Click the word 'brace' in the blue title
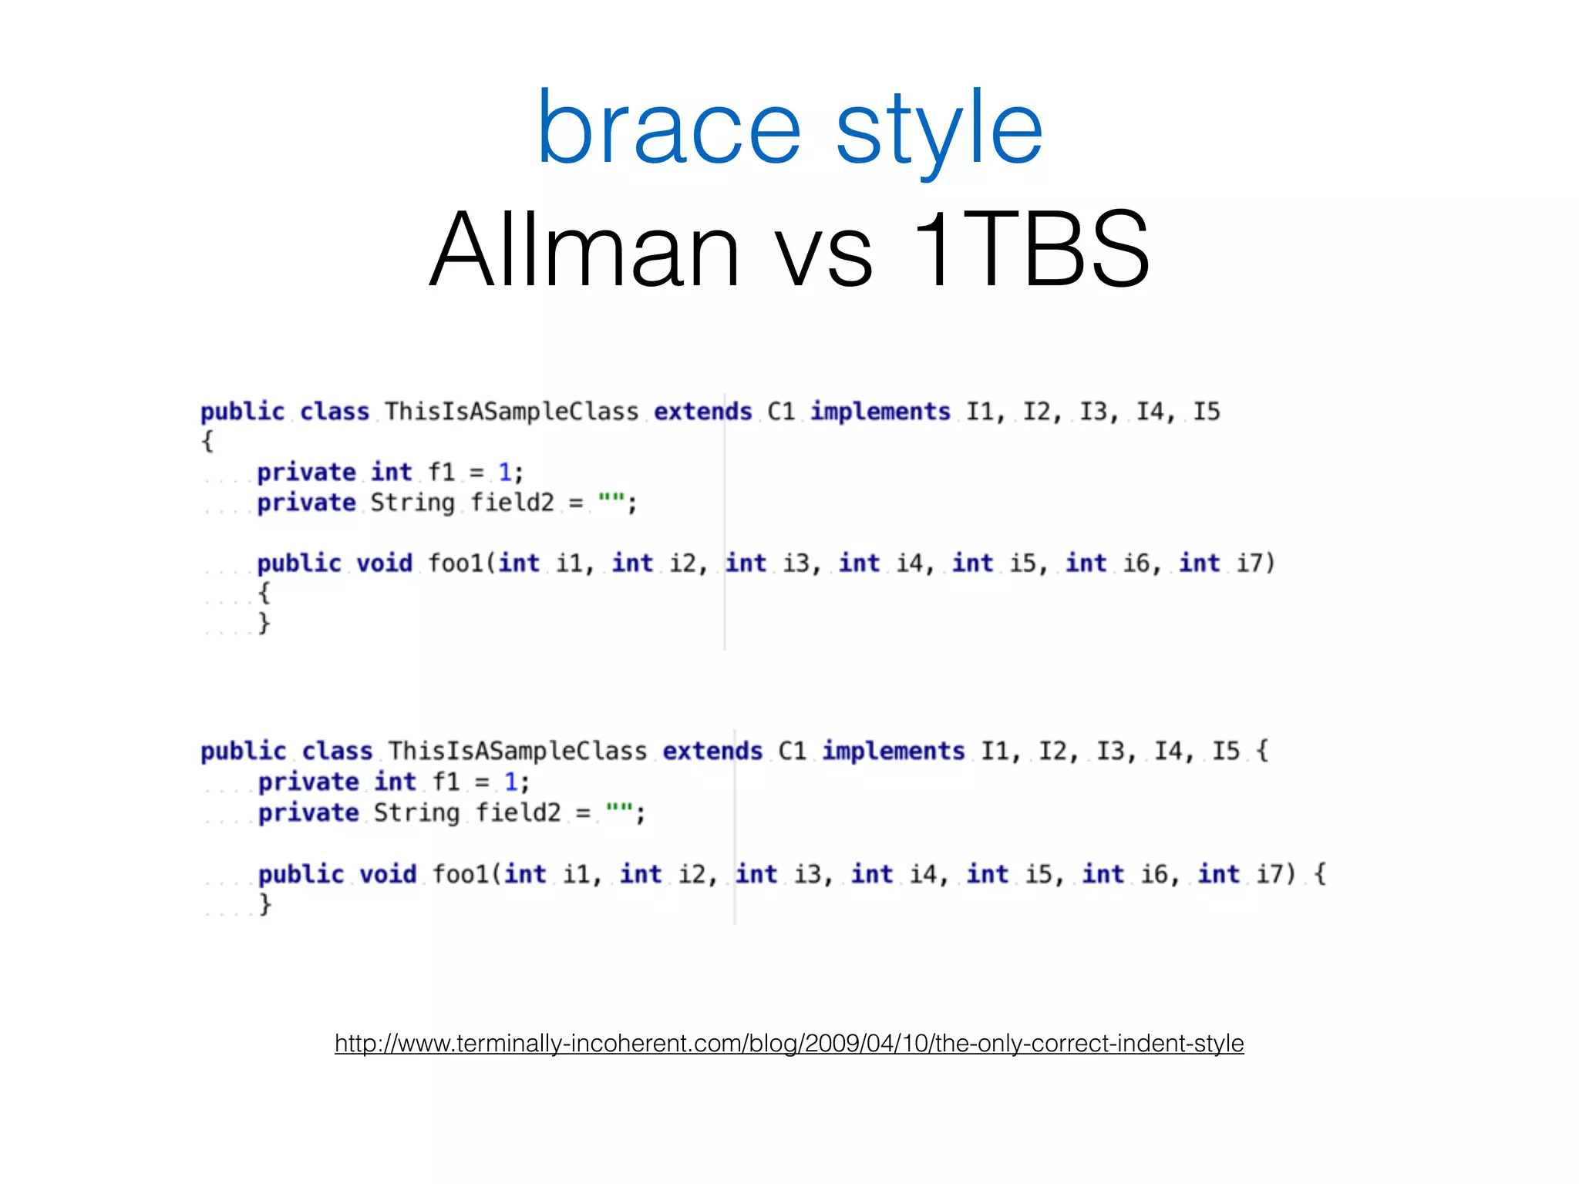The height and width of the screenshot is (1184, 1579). coord(668,128)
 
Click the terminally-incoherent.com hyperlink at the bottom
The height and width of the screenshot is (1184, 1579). coord(789,1043)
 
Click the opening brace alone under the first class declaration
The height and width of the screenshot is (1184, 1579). coord(207,442)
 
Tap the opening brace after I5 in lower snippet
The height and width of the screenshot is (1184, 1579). coord(1261,751)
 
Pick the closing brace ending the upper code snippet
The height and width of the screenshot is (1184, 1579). coord(264,622)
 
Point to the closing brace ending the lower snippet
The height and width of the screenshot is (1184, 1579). coord(264,903)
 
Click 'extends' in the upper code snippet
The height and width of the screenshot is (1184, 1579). coord(702,412)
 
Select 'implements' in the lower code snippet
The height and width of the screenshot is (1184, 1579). coord(893,751)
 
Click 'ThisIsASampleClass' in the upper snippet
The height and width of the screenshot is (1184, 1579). coord(511,412)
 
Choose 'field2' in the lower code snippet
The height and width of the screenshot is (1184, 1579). coord(517,812)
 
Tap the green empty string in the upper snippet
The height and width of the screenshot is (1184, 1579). coord(611,502)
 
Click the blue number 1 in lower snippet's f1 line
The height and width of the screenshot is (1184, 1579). coord(510,782)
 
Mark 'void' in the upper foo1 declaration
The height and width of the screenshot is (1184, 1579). coord(384,563)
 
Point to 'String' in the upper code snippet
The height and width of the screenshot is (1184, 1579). coord(412,503)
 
